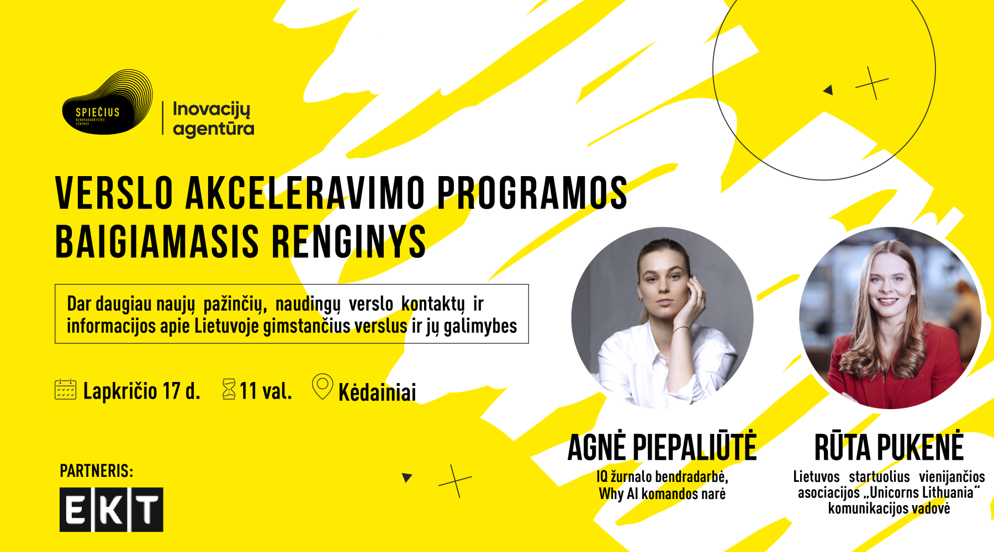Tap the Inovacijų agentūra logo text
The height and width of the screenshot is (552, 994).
pos(213,119)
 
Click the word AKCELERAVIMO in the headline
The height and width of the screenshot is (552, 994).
pos(305,193)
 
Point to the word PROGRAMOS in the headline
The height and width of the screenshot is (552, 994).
pos(532,193)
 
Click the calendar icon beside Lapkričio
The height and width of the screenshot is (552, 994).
pos(66,389)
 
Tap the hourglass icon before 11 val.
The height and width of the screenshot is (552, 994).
pos(229,389)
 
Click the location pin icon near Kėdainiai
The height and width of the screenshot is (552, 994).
pos(322,387)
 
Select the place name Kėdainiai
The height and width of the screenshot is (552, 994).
pos(377,392)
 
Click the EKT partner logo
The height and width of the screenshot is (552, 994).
pos(112,509)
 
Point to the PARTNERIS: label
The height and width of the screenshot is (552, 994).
pos(97,471)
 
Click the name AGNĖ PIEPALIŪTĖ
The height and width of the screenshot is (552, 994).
pos(662,448)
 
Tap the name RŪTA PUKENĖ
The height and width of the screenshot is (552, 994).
pos(889,448)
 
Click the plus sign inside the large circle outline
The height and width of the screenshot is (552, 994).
pos(872,83)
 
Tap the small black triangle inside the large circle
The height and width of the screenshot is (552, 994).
pos(828,89)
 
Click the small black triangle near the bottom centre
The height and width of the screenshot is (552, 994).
pos(407,477)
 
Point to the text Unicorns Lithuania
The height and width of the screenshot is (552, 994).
pos(922,492)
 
